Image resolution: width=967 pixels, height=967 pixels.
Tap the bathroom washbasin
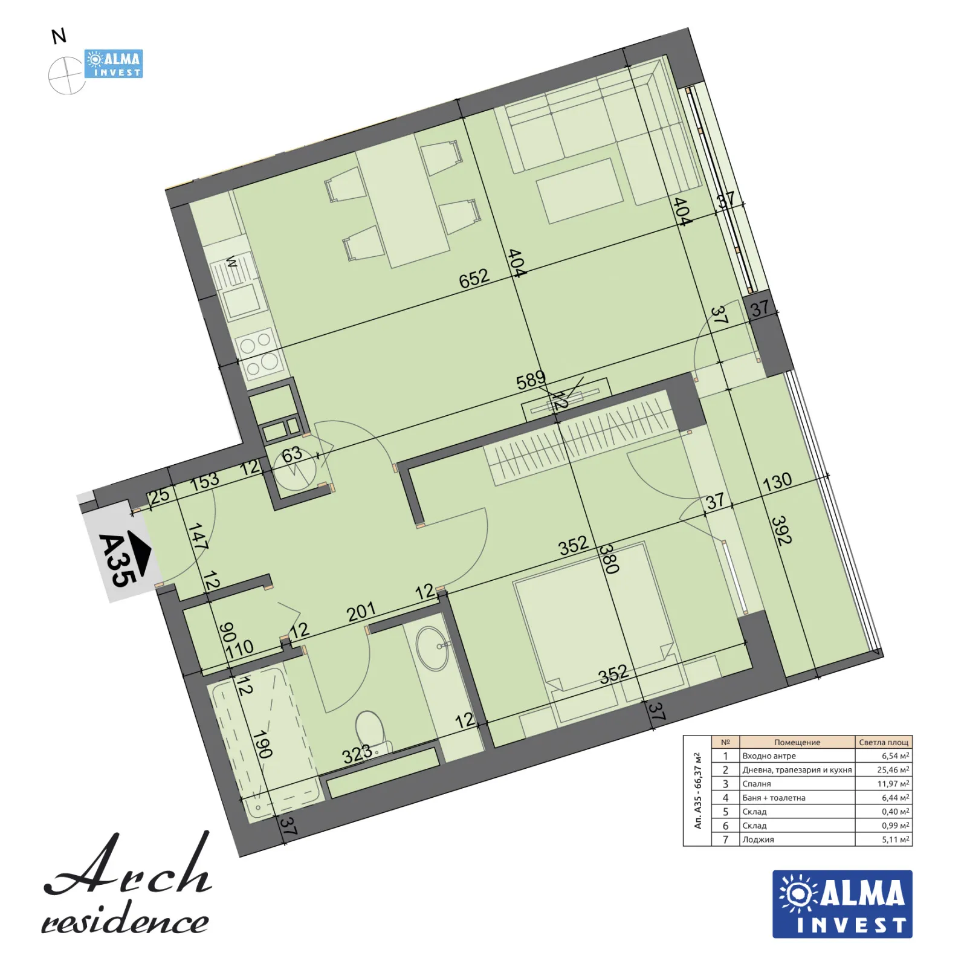pyautogui.click(x=433, y=648)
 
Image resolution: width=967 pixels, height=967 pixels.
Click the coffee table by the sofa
pyautogui.click(x=579, y=191)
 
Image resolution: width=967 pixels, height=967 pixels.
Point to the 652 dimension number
pyautogui.click(x=474, y=278)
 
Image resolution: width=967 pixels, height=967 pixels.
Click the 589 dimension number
pyautogui.click(x=531, y=380)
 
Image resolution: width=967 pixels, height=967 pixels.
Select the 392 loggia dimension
pyautogui.click(x=781, y=530)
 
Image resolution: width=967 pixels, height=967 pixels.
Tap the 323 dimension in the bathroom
pyautogui.click(x=357, y=754)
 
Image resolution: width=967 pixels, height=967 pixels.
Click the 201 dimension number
pyautogui.click(x=361, y=612)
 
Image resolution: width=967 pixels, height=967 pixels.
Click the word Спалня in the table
pyautogui.click(x=756, y=784)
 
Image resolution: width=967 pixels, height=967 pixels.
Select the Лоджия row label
pyautogui.click(x=758, y=839)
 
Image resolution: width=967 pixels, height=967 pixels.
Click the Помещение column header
pyautogui.click(x=797, y=742)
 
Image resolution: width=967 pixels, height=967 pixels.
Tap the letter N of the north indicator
pyautogui.click(x=59, y=37)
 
